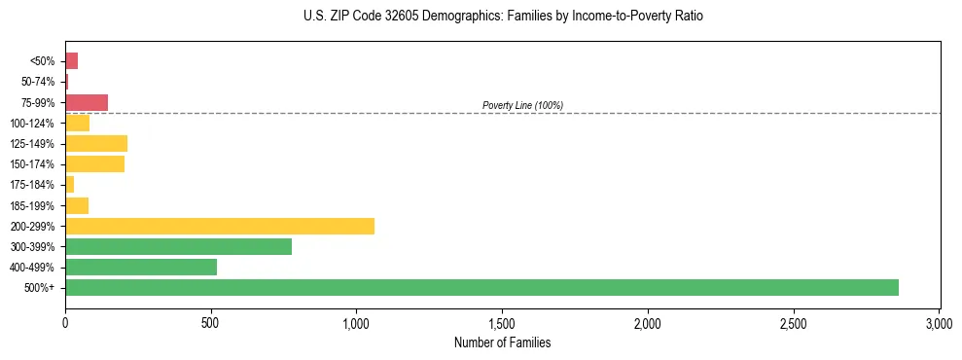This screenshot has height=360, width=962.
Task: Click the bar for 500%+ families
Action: pos(481,287)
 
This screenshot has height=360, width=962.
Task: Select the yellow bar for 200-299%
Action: pos(220,226)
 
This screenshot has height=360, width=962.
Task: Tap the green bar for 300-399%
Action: pos(178,246)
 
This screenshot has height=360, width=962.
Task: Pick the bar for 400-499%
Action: pos(141,267)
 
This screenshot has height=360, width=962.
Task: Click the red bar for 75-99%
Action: pos(87,102)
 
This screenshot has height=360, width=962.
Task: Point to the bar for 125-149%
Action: pos(96,143)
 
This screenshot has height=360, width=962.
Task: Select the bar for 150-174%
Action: pos(94,163)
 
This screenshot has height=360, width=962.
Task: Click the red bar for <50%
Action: pos(71,61)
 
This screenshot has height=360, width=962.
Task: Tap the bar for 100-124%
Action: pos(77,123)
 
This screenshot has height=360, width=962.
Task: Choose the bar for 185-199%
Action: pos(77,205)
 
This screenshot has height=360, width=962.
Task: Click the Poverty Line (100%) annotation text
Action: pos(522,105)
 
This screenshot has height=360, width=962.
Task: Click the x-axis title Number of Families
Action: pos(502,342)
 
